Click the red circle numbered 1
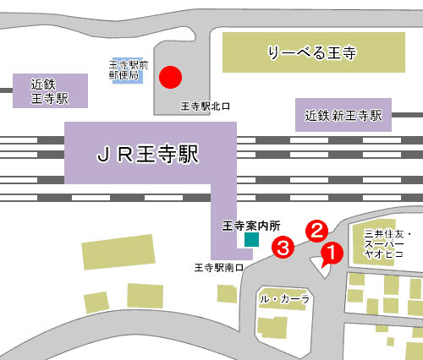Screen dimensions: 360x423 331,252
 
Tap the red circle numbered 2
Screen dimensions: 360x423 316,229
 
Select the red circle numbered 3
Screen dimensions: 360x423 283,247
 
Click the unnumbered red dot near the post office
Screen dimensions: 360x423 172,78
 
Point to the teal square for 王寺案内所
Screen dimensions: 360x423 250,240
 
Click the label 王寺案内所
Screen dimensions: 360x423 250,226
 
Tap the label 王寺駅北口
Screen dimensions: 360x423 206,107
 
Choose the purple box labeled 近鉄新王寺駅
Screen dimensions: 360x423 344,114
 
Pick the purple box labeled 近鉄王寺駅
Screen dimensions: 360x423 50,90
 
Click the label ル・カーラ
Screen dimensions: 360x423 285,299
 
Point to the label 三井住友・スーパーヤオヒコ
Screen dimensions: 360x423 387,243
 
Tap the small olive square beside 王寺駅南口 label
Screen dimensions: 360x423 226,293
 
